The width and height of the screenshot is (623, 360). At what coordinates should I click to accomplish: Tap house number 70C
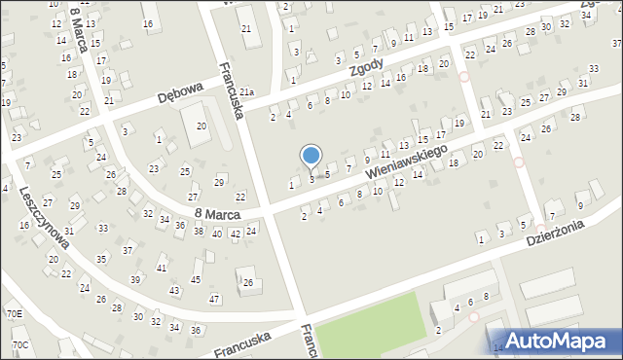19,345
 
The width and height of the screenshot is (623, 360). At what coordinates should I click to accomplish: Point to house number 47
214,299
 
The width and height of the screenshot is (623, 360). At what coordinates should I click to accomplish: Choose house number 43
174,291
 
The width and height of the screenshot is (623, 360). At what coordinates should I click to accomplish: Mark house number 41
162,268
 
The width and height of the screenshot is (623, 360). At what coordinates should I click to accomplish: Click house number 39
134,280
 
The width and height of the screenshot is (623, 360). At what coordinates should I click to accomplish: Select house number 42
235,234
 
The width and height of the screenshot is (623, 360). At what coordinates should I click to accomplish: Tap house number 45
196,280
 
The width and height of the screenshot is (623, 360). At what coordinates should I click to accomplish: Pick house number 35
101,260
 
